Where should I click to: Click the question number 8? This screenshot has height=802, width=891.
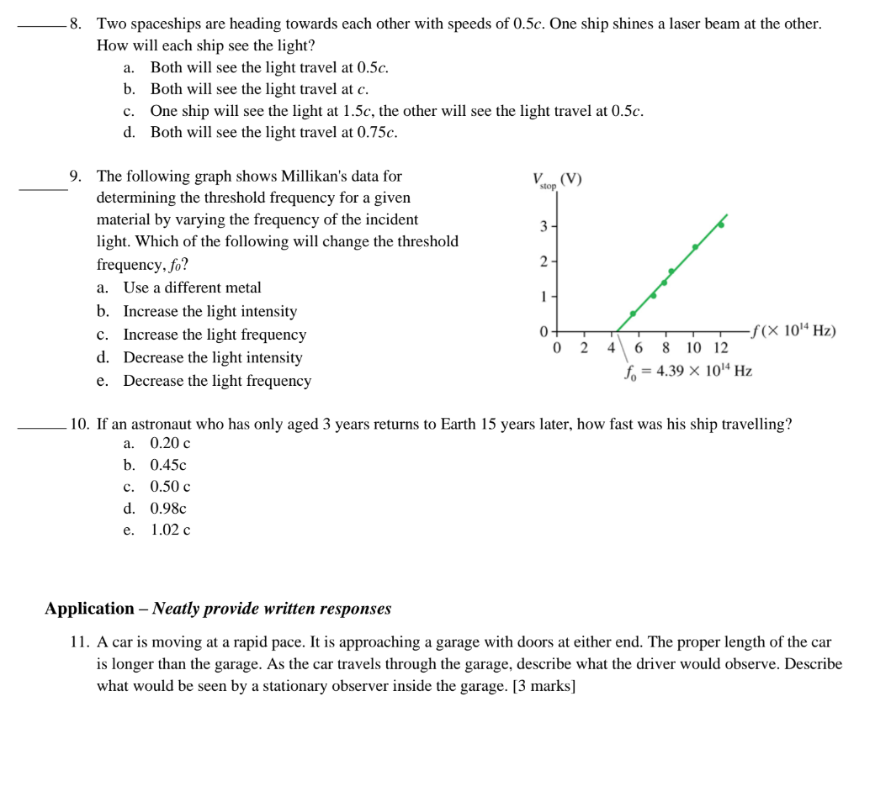76,24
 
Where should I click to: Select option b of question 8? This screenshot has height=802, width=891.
259,89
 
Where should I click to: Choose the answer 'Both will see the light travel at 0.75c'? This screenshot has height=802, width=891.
273,133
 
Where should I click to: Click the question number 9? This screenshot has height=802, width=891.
76,177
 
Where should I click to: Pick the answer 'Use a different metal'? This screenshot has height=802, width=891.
192,288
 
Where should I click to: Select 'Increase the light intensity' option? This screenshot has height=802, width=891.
209,311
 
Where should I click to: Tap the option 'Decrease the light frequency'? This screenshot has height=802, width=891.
217,381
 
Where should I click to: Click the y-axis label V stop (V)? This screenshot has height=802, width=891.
556,181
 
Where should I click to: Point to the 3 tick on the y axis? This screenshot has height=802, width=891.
544,227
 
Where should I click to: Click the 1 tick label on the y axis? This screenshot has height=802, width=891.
544,297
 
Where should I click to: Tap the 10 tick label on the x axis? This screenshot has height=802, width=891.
694,348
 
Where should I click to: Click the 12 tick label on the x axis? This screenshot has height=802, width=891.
720,348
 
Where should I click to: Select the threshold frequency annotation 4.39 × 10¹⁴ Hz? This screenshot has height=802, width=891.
687,371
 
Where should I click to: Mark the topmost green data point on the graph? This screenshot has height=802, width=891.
721,224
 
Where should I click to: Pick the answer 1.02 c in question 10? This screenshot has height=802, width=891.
170,530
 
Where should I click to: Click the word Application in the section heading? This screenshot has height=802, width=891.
89,609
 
